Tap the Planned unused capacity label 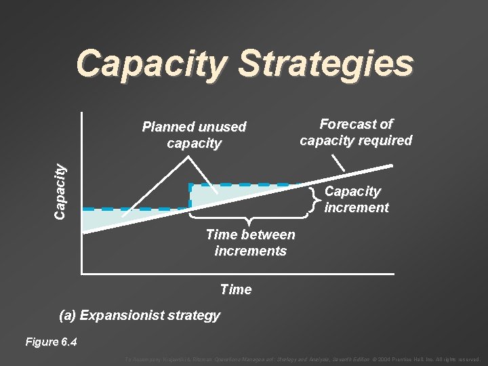point(194,135)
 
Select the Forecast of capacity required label point(356,132)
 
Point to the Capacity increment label point(356,199)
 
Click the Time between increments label point(250,243)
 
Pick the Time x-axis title point(236,289)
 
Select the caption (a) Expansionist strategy point(140,315)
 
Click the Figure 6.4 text point(51,342)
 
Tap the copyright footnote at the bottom point(302,359)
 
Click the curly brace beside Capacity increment point(313,199)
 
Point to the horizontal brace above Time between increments point(249,218)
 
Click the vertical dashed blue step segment point(190,196)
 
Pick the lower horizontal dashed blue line point(136,208)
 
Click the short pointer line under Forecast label point(337,161)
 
